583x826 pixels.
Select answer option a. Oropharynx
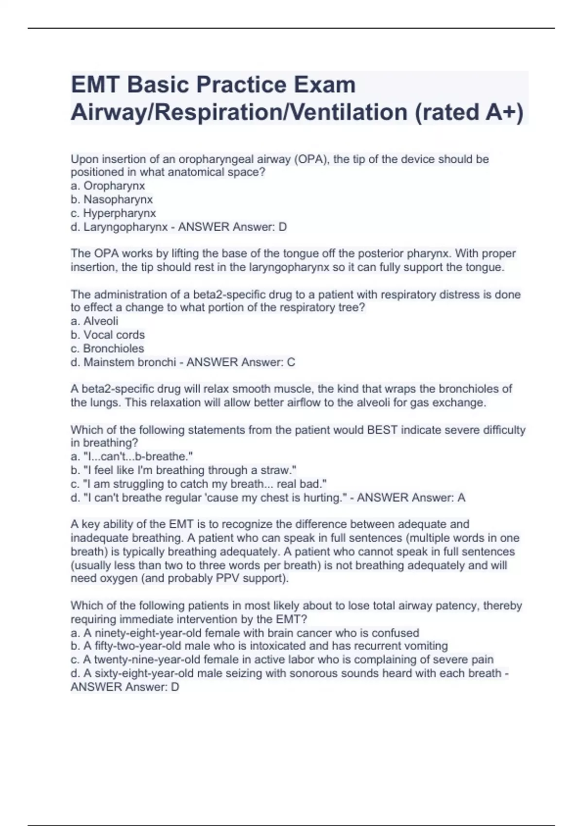click(108, 186)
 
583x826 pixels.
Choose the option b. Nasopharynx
click(112, 199)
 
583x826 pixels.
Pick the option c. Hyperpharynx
click(113, 213)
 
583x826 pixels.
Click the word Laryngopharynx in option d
click(126, 226)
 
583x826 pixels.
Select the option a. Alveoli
click(95, 321)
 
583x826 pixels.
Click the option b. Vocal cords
click(108, 335)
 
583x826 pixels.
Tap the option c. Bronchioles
click(107, 348)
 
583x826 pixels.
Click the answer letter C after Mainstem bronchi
click(291, 362)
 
